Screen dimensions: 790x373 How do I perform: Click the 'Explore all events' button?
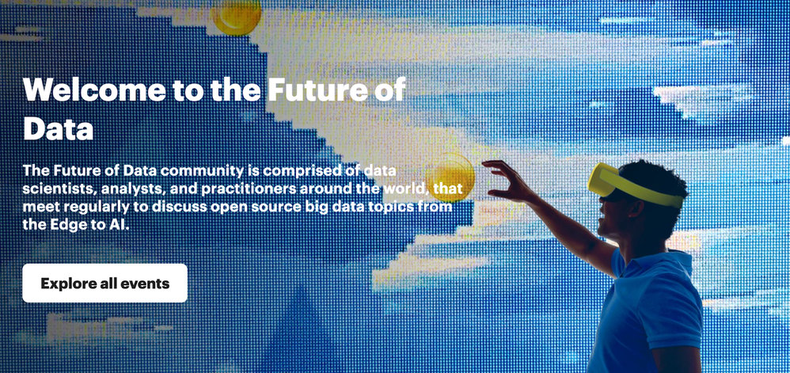click(104, 283)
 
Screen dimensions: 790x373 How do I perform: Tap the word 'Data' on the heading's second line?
click(58, 128)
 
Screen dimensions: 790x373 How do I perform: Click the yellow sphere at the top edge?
click(237, 16)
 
